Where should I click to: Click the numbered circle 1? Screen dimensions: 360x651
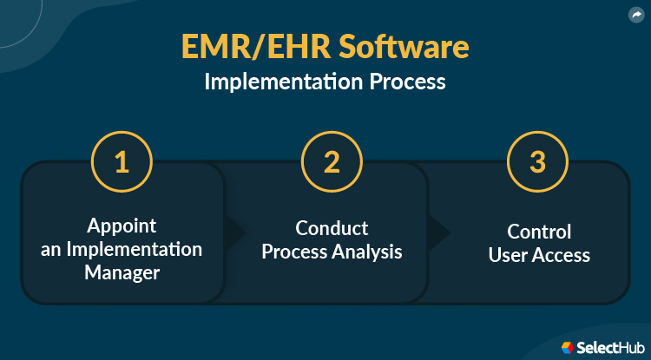coord(122,163)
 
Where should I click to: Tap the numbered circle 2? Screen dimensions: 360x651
coord(332,163)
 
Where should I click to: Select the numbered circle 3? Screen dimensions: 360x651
coord(537,163)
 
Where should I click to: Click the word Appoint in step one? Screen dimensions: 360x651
coord(122,226)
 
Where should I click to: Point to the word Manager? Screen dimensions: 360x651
coord(122,272)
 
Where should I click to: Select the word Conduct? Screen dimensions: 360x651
coord(332,229)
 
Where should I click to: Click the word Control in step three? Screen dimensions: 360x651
coord(539,232)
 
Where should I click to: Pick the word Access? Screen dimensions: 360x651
coord(561,255)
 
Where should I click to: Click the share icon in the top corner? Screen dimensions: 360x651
coord(635,15)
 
